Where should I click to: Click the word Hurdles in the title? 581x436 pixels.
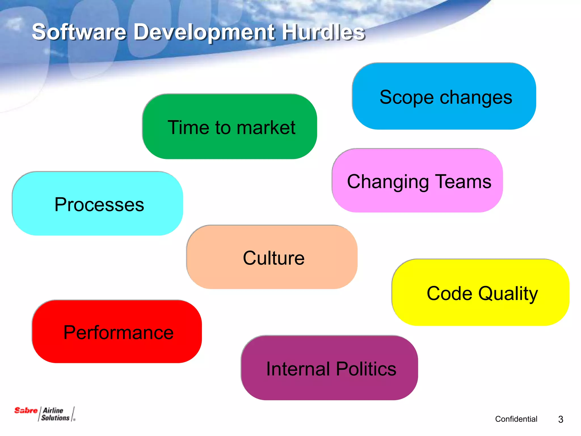point(323,32)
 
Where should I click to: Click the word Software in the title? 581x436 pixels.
point(79,32)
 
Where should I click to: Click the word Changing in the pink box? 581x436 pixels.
point(388,182)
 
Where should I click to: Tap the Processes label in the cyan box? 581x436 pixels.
point(99,204)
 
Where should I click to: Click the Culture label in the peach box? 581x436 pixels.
point(273,258)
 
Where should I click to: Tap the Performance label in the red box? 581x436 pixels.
point(118,332)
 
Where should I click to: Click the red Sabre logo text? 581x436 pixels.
point(26,410)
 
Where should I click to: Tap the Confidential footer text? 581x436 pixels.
point(516,419)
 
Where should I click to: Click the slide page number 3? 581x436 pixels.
point(560,419)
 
